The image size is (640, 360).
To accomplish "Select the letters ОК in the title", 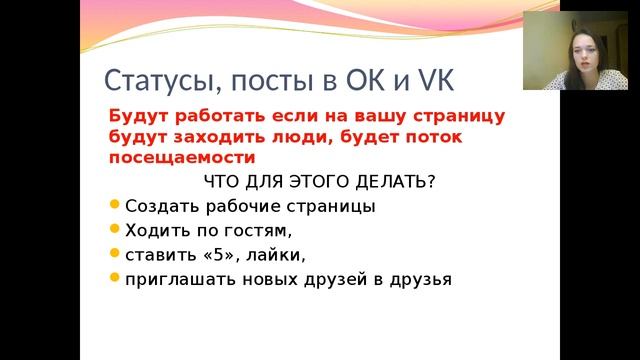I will click(x=374, y=80).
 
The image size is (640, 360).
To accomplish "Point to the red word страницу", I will click(x=457, y=115).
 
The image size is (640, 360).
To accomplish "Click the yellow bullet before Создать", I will click(x=114, y=205).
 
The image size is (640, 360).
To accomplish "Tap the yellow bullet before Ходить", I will click(x=114, y=229).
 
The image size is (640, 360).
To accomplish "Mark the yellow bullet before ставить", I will click(x=114, y=253).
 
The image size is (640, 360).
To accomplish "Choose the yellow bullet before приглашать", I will click(x=114, y=277).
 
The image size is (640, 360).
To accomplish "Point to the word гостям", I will click(x=255, y=231).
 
